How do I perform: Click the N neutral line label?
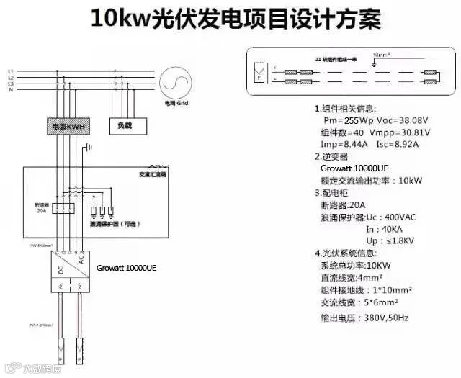point(10,90)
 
